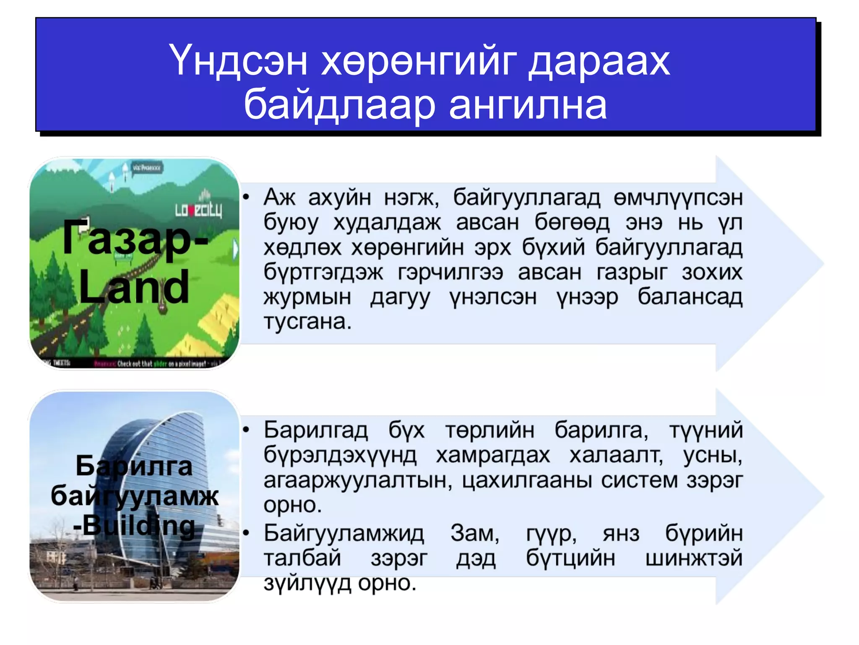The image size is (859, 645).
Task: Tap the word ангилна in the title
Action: pos(528,105)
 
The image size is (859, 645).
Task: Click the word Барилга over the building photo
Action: pos(134,466)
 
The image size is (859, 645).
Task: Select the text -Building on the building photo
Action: pos(134,525)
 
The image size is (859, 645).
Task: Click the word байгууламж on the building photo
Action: pos(134,496)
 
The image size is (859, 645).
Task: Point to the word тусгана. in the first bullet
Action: pos(307,322)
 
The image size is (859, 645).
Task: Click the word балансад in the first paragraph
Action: pos(690,297)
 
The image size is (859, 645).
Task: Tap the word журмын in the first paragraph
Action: pos(307,297)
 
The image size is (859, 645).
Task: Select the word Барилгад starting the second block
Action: pos(315,430)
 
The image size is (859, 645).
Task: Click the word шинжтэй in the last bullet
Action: pos(694,558)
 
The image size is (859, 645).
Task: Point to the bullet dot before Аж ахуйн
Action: pos(247,197)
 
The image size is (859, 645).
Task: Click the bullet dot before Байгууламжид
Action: pos(247,533)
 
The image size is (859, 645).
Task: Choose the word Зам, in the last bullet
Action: pos(475,533)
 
